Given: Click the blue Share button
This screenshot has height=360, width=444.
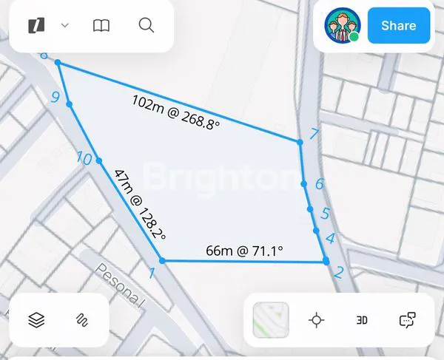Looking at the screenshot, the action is coord(398,26).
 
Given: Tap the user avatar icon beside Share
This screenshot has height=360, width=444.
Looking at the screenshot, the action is coord(342,26).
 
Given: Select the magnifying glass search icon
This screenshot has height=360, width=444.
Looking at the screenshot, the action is coord(147,26).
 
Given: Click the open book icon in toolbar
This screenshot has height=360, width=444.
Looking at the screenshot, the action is coord(101,26).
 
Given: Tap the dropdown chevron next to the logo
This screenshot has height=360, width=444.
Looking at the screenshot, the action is coord(65,26).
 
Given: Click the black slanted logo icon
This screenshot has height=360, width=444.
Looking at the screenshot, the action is coord(35,26).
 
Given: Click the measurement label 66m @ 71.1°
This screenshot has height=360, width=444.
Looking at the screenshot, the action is coord(245,251).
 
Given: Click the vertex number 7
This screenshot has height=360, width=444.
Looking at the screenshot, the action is coord(314,135).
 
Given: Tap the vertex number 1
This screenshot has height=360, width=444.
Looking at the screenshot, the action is coord(152,274).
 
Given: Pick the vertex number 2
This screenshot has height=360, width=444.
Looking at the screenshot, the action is coord(338,272).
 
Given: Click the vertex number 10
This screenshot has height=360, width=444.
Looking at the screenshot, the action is coord(84,159).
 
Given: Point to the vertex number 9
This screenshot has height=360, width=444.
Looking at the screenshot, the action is coord(55,97).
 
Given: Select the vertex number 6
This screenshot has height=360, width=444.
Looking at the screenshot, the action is coord(319,184).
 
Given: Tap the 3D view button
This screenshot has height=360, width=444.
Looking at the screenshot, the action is coord(362,320).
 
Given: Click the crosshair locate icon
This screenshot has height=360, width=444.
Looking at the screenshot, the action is coord(317,320).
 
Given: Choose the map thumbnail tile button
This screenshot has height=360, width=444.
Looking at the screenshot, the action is coord(271,320).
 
